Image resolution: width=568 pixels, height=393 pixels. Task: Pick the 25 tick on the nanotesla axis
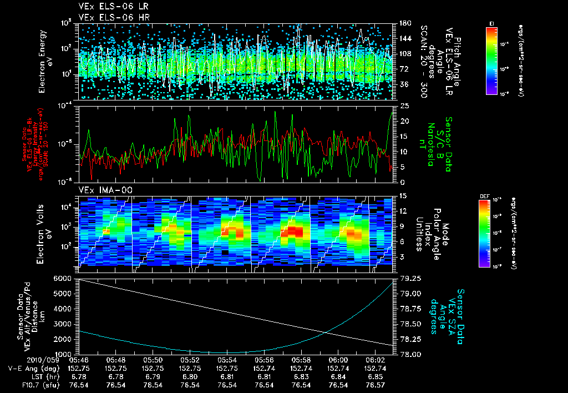(404, 105)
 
